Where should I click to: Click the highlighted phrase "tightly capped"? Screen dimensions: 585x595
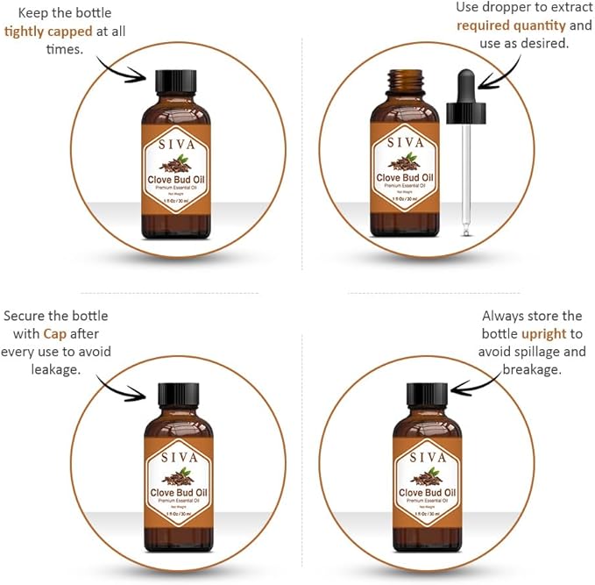pyautogui.click(x=48, y=32)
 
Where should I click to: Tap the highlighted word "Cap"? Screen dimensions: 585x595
pyautogui.click(x=55, y=333)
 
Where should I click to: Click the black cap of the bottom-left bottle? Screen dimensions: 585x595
pyautogui.click(x=179, y=396)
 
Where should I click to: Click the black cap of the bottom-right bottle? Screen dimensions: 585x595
pyautogui.click(x=428, y=396)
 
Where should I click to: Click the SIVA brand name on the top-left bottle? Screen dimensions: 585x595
pyautogui.click(x=179, y=142)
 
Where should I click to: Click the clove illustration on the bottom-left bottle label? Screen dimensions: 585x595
pyautogui.click(x=179, y=477)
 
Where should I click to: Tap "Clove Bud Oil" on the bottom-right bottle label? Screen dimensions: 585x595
pyautogui.click(x=428, y=494)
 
